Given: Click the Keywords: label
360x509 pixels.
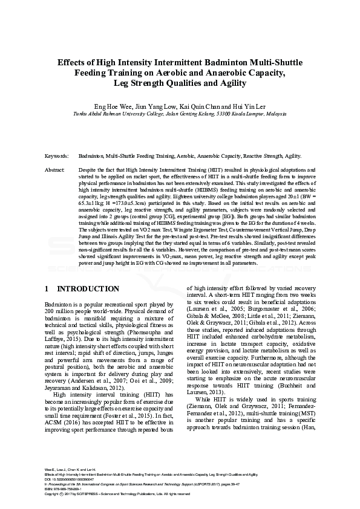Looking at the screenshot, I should [57, 155].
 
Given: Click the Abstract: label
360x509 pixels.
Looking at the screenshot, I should [55, 171].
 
